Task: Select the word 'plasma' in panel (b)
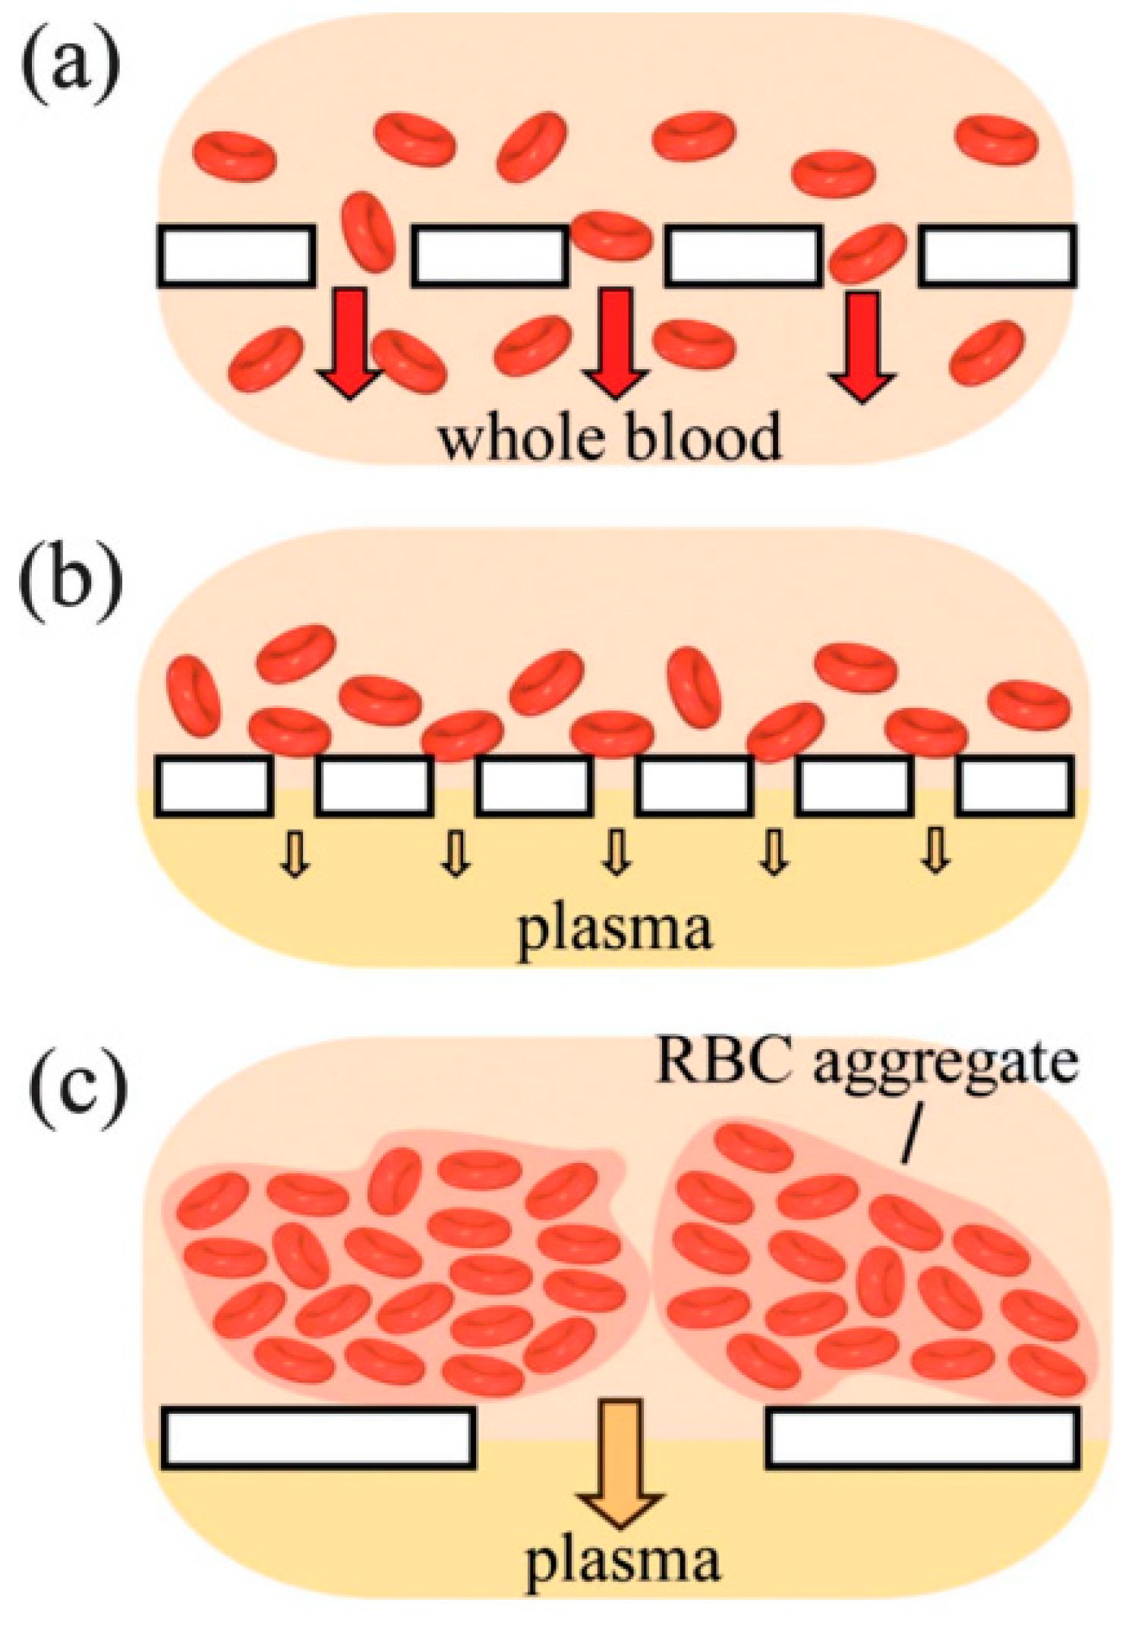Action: click(x=615, y=931)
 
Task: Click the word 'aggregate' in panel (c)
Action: click(x=945, y=1064)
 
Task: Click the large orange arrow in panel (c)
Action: click(x=621, y=1462)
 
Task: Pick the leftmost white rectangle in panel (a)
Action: click(x=236, y=256)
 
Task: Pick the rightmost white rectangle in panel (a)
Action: click(x=997, y=256)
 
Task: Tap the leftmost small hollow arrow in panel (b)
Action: click(x=295, y=853)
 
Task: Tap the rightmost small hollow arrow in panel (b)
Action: click(x=935, y=852)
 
